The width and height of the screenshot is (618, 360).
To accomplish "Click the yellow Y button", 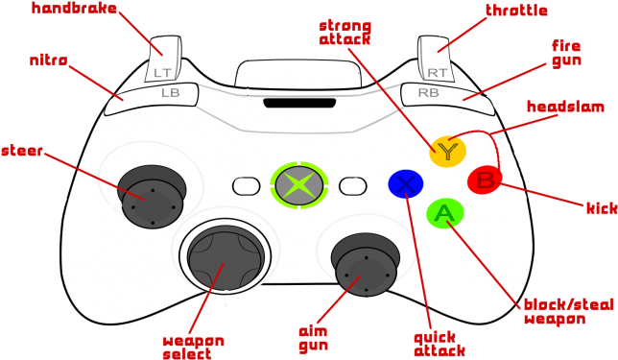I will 447,151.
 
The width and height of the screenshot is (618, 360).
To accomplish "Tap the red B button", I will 486,180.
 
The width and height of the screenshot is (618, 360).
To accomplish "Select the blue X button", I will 406,183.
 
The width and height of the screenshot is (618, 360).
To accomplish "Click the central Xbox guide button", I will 299,183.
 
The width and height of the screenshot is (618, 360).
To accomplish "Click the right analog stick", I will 365,269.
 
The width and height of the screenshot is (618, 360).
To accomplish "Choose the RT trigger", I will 437,60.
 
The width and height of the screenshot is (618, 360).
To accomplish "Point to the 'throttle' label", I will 516,11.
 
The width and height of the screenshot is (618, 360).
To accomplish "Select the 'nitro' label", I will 49,60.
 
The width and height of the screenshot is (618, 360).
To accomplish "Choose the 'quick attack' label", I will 440,345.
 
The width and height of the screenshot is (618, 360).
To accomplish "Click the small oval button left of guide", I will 247,183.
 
